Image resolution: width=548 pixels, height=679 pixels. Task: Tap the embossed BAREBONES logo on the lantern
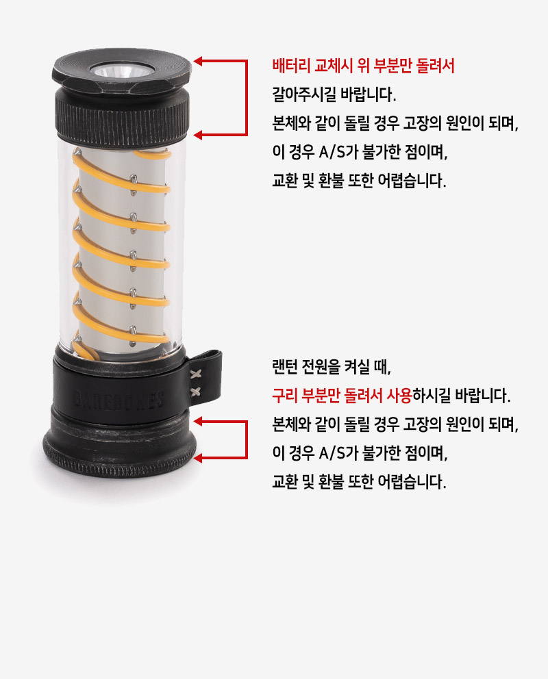pos(119,400)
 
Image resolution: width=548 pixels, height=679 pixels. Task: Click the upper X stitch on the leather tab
pos(196,374)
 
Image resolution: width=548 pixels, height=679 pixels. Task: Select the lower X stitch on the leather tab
pos(196,392)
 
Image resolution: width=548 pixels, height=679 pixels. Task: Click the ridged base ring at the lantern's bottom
pos(120,460)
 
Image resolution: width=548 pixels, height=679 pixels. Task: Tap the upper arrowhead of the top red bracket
pos(198,61)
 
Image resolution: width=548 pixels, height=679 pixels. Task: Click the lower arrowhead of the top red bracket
pos(198,136)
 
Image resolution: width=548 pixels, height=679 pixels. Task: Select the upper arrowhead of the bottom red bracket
pos(198,421)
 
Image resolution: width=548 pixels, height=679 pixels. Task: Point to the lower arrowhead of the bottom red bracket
pos(198,458)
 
